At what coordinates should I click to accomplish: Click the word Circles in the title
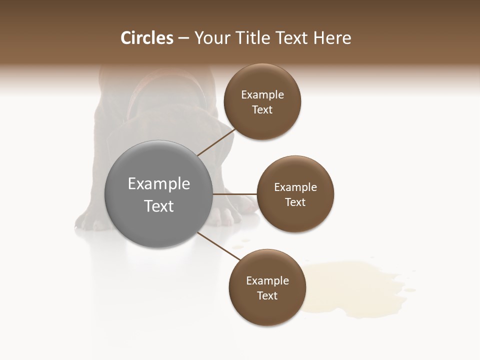click(146, 38)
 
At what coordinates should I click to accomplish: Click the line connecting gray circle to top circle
click(216, 142)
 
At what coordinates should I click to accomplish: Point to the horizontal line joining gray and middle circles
click(235, 194)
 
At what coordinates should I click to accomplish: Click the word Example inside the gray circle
click(159, 184)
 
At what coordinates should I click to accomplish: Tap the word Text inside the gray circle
click(159, 206)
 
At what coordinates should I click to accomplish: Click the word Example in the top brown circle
click(262, 95)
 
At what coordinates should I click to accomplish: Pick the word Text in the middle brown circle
click(295, 202)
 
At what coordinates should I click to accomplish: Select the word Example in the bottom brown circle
click(267, 280)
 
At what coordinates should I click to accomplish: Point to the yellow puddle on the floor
click(350, 287)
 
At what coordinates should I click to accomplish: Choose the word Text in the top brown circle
click(262, 110)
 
